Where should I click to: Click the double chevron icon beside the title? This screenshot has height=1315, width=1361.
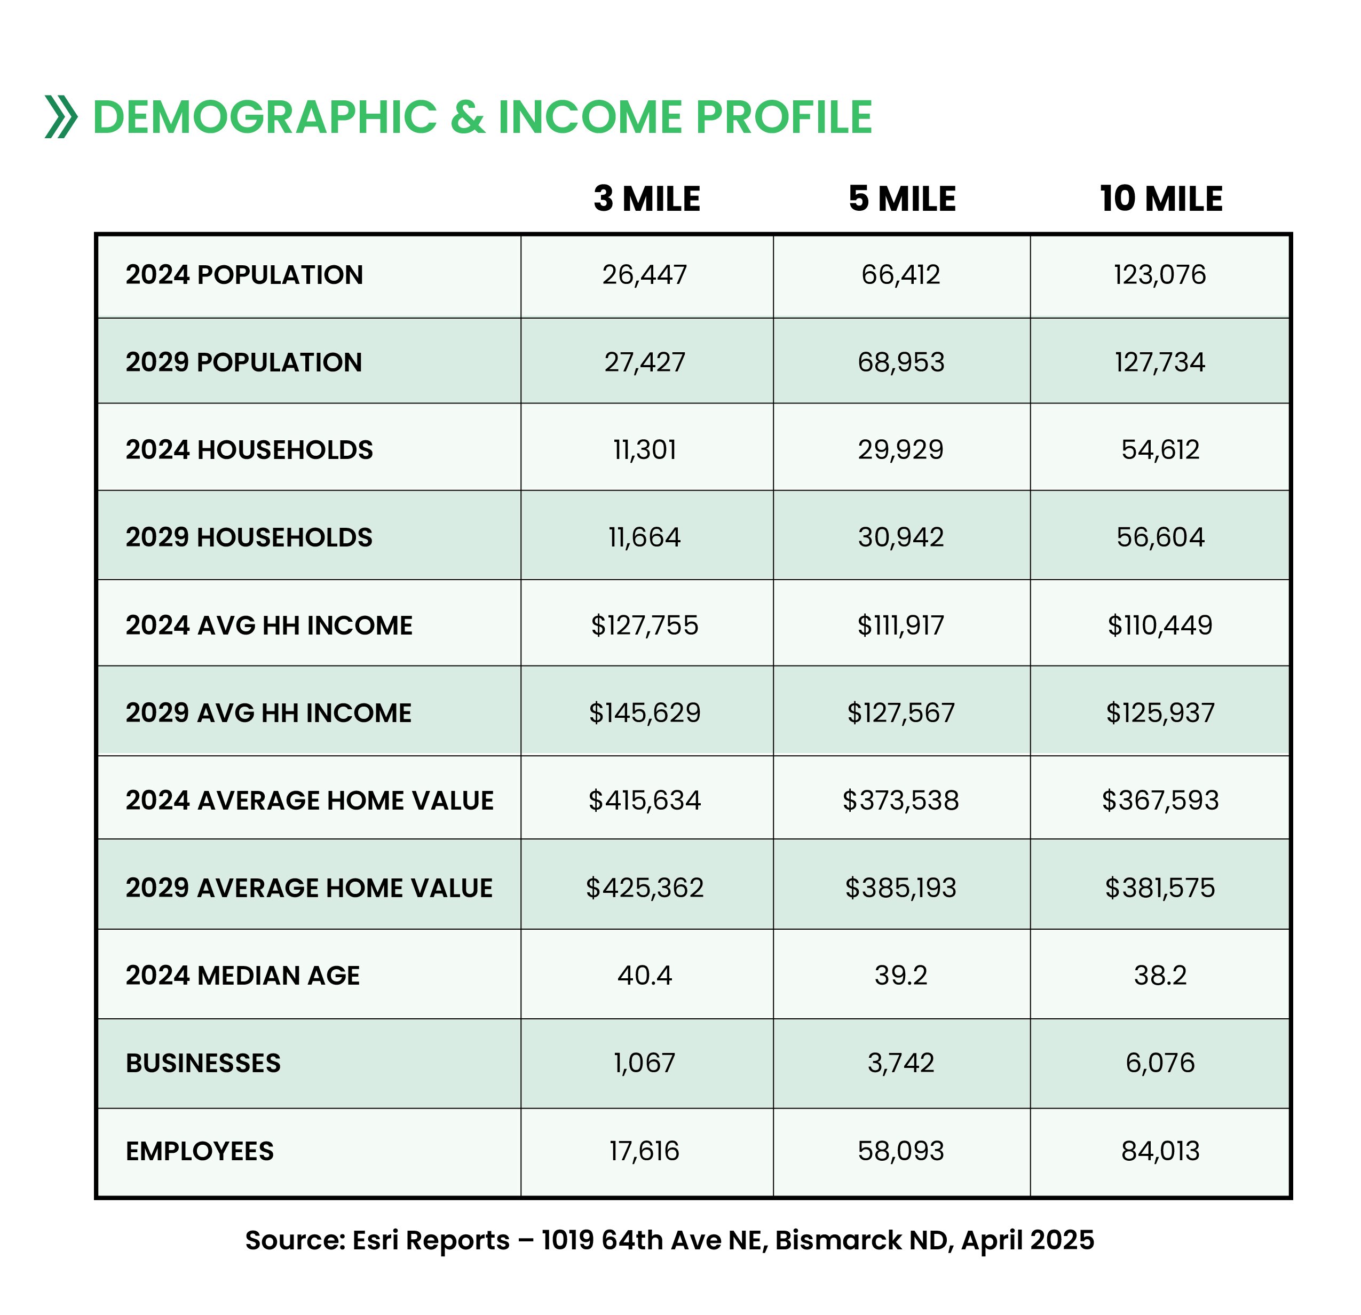click(x=61, y=117)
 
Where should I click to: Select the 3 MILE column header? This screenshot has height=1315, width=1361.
click(x=646, y=199)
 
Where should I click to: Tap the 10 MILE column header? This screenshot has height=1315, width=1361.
click(x=1160, y=199)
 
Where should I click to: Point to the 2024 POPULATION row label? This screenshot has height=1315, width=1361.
click(x=244, y=275)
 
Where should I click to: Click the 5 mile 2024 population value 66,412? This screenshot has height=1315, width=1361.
click(x=900, y=275)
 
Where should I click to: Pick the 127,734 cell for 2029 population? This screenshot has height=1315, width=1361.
click(x=1160, y=362)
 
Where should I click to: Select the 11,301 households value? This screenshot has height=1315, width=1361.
click(x=644, y=450)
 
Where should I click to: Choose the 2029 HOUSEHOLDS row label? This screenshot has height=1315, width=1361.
click(x=249, y=537)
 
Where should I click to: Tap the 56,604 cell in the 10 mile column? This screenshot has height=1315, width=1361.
click(x=1160, y=537)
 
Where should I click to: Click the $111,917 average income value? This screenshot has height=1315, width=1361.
click(x=900, y=625)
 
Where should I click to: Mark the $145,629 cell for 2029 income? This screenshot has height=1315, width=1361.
click(x=644, y=713)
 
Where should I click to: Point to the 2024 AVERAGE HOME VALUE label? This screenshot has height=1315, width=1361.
click(x=309, y=801)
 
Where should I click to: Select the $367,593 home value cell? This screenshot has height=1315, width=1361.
click(x=1160, y=801)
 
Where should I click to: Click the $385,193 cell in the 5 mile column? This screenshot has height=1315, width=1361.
click(x=900, y=888)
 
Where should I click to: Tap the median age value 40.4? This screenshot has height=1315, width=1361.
click(x=644, y=976)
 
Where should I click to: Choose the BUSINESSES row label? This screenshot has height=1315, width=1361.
click(x=203, y=1063)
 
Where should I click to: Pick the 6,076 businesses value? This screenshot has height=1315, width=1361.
click(x=1160, y=1063)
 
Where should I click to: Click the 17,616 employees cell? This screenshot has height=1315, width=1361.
click(x=644, y=1151)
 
